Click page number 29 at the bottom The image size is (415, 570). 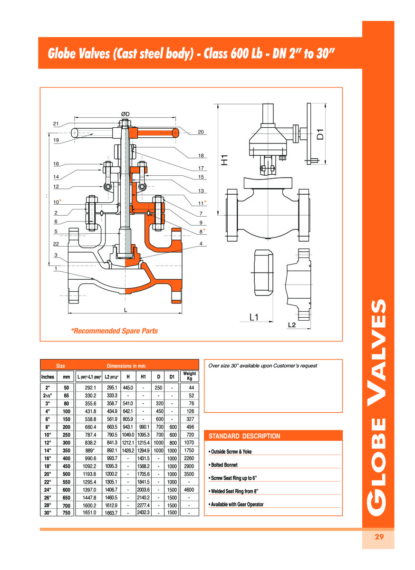click(379, 537)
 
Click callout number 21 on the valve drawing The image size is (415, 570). click(56, 124)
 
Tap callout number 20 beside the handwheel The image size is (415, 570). click(201, 132)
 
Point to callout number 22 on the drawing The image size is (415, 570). click(56, 244)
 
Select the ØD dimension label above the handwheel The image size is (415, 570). click(125, 114)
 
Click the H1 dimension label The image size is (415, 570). click(225, 160)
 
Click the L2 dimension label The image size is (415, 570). click(292, 325)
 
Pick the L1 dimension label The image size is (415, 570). click(253, 316)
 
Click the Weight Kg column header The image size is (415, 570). click(189, 376)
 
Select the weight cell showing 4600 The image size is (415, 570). click(189, 489)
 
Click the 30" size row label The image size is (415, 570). click(48, 513)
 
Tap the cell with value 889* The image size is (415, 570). click(90, 450)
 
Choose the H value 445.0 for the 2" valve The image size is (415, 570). click(127, 388)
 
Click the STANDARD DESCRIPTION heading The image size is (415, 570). click(244, 436)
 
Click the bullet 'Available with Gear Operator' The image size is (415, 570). click(236, 504)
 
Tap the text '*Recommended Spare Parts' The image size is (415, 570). click(115, 331)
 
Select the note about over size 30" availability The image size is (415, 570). click(263, 366)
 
